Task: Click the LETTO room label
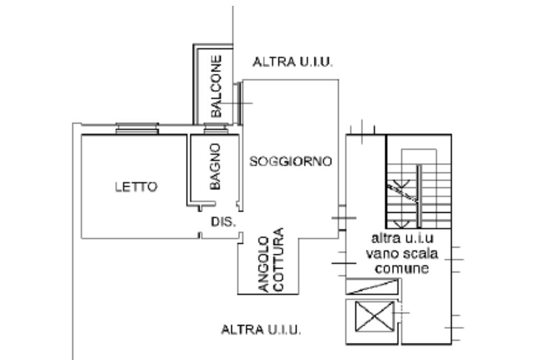tap(136, 187)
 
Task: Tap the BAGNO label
tap(215, 166)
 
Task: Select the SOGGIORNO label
tap(291, 162)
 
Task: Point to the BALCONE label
tap(217, 86)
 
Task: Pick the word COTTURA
tap(278, 259)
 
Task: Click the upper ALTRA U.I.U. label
tap(293, 62)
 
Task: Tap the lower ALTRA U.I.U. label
tap(261, 330)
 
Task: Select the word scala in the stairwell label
tap(420, 254)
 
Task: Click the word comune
tap(401, 269)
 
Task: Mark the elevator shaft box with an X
tap(374, 316)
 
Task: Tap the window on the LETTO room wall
tap(137, 128)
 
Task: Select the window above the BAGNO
tap(216, 128)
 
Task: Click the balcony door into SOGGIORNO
tap(239, 102)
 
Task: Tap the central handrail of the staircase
tap(418, 195)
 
